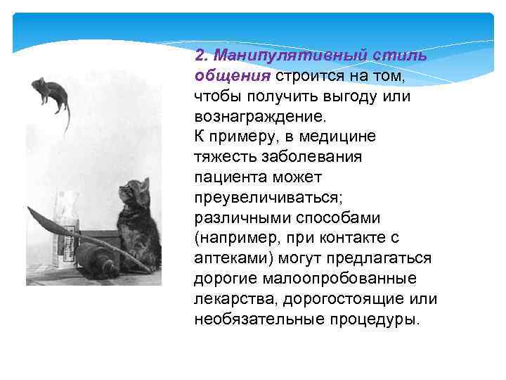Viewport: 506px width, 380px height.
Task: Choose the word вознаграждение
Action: pyautogui.click(x=257, y=115)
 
